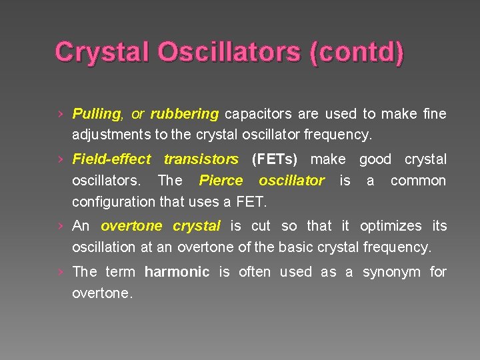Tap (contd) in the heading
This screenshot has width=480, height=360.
pyautogui.click(x=356, y=51)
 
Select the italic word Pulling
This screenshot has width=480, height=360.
pyautogui.click(x=96, y=114)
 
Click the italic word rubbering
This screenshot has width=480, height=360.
pyautogui.click(x=184, y=114)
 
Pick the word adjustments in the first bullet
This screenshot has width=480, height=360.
pyautogui.click(x=111, y=134)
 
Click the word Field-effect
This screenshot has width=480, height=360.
pyautogui.click(x=111, y=159)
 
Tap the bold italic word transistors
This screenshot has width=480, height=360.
pyautogui.click(x=201, y=159)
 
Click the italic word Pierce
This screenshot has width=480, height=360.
pyautogui.click(x=221, y=180)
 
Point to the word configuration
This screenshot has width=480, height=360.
pyautogui.click(x=114, y=201)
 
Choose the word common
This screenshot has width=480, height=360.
pyautogui.click(x=418, y=180)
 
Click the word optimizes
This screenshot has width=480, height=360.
pyautogui.click(x=390, y=226)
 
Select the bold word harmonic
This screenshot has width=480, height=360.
pyautogui.click(x=177, y=272)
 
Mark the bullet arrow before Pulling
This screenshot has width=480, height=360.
pyautogui.click(x=61, y=115)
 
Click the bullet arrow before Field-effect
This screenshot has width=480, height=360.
pyautogui.click(x=61, y=160)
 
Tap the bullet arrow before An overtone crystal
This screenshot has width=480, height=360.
pyautogui.click(x=61, y=227)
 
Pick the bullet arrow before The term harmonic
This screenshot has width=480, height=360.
pyautogui.click(x=61, y=273)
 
